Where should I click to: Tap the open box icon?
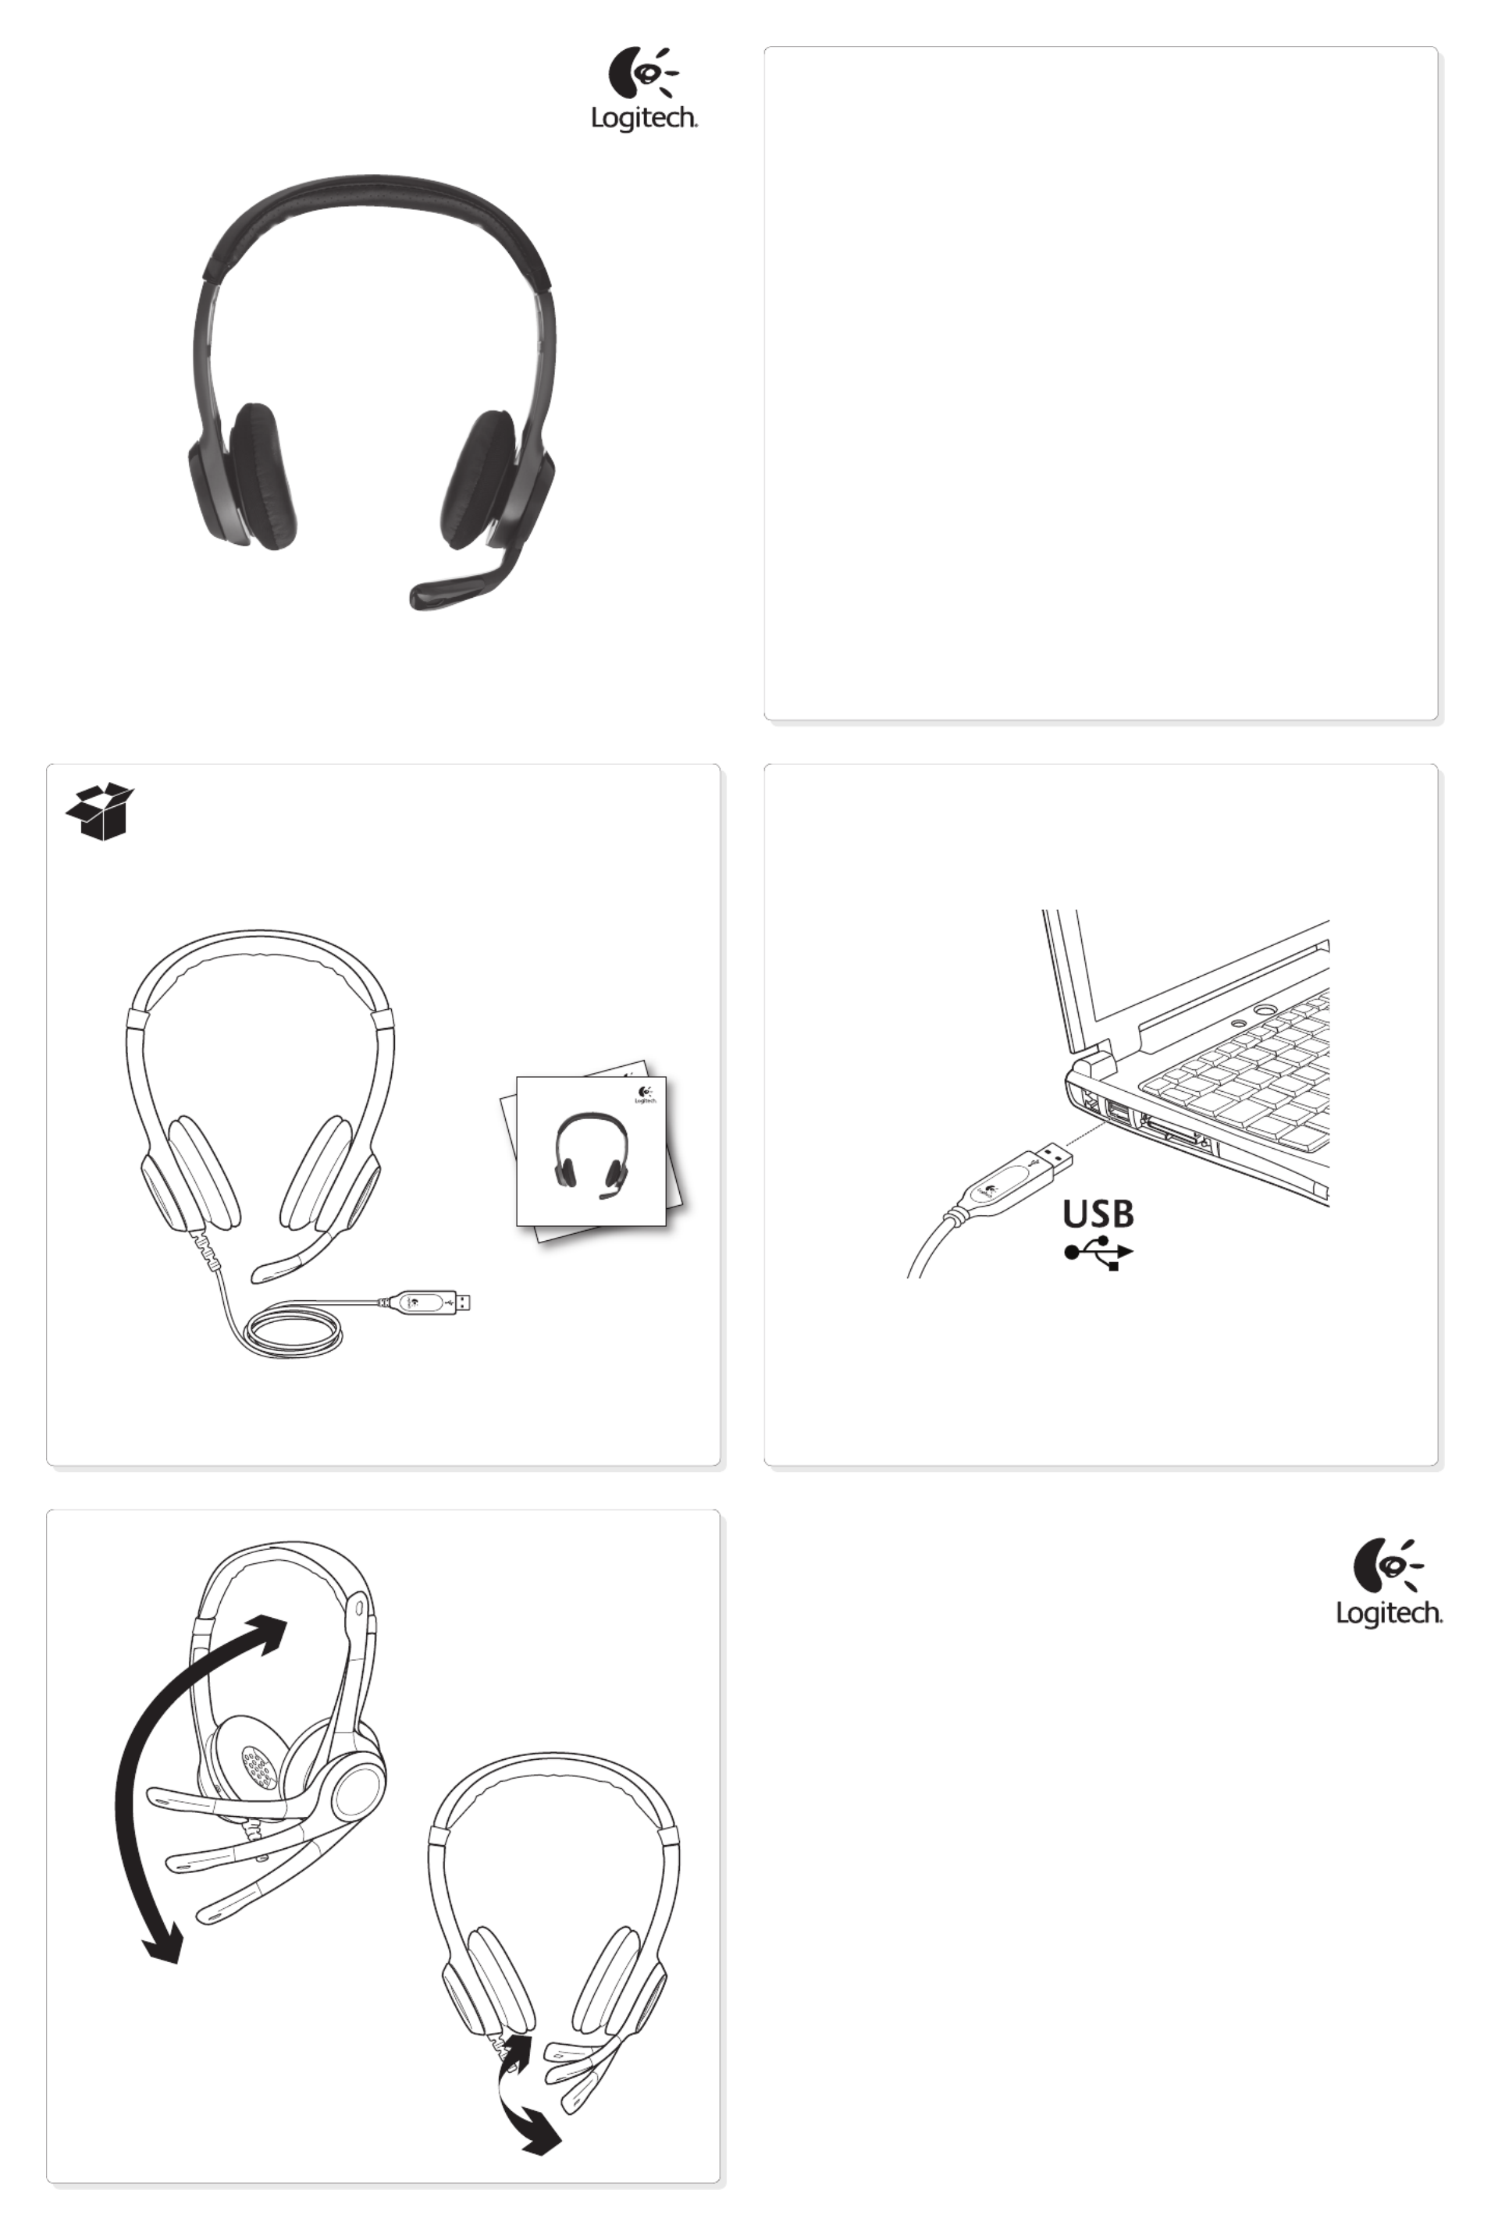pyautogui.click(x=100, y=811)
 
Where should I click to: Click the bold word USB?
pyautogui.click(x=1098, y=1214)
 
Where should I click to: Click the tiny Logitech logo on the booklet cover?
pyautogui.click(x=646, y=1094)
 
